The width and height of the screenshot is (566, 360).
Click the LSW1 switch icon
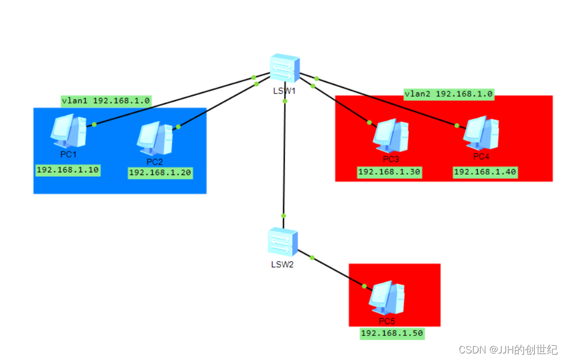285,69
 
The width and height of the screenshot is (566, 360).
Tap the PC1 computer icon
68,132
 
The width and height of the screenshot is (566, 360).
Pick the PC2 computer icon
155,138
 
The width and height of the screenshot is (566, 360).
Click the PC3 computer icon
391,136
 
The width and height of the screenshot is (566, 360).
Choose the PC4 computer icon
481,132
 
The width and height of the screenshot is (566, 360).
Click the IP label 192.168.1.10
67,170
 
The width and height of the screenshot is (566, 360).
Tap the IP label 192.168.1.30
389,172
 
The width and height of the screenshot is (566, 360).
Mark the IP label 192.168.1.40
485,172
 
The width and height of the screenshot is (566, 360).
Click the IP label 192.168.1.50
392,333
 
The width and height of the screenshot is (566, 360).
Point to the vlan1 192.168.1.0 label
106,101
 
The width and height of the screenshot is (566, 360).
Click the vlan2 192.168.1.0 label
449,94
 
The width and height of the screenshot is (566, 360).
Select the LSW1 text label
285,91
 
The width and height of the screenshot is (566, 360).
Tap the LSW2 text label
282,265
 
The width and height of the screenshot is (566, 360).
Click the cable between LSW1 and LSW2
284,159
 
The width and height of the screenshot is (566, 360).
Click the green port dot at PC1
94,124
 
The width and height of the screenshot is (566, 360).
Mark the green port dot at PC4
457,125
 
